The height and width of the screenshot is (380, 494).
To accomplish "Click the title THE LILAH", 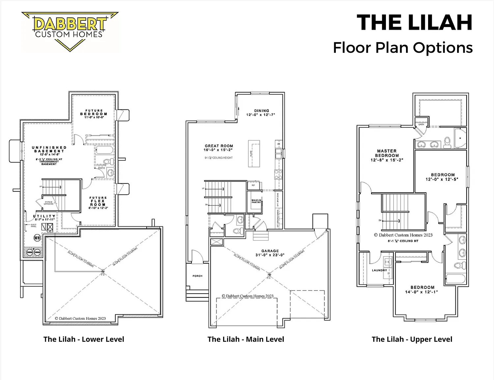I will point(415,23).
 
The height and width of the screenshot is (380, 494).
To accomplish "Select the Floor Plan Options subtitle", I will point(403,47).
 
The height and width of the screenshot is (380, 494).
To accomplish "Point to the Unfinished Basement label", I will point(49,149).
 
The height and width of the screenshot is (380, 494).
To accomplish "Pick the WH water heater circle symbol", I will point(37,237).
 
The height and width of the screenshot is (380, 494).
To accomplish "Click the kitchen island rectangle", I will point(254,154).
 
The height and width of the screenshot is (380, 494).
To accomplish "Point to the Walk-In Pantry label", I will point(256,201).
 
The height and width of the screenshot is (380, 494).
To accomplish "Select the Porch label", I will point(197,276).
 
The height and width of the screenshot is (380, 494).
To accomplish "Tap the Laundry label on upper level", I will point(379,270).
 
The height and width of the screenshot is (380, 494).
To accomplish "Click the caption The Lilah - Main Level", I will point(246,339).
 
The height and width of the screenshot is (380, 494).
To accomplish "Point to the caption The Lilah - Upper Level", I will point(412,339).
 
